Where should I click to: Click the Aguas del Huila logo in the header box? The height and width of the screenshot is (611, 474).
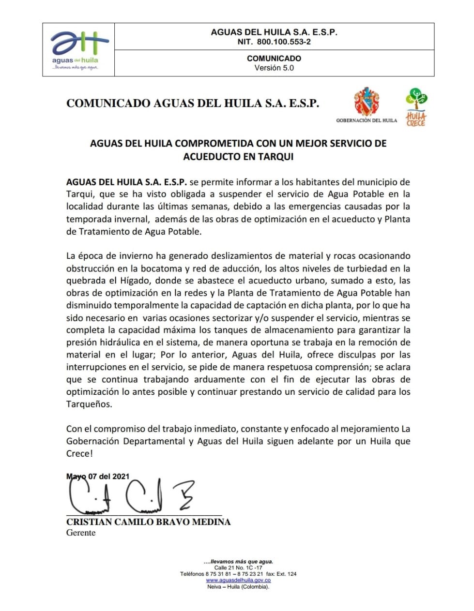coord(77,49)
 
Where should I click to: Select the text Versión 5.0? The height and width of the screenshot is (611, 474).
coord(274,68)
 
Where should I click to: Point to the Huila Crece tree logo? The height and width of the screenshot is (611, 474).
coord(416,106)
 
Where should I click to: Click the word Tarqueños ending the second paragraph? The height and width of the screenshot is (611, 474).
coord(89,404)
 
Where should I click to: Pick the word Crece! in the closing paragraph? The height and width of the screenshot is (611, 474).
coord(79,453)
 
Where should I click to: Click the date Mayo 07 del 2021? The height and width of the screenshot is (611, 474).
coord(98,477)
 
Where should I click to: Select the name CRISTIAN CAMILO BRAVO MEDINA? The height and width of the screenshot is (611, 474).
coord(148,522)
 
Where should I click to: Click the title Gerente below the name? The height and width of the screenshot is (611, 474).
coord(81,533)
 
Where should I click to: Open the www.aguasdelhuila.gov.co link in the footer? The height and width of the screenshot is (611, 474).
coord(238,580)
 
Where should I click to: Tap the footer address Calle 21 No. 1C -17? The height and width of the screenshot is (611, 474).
coord(238,568)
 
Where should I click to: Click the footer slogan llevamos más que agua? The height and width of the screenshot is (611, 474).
coord(238,562)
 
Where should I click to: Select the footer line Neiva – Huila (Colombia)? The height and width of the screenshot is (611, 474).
coord(238,586)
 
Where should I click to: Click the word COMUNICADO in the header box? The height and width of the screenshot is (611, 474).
coord(274,58)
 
